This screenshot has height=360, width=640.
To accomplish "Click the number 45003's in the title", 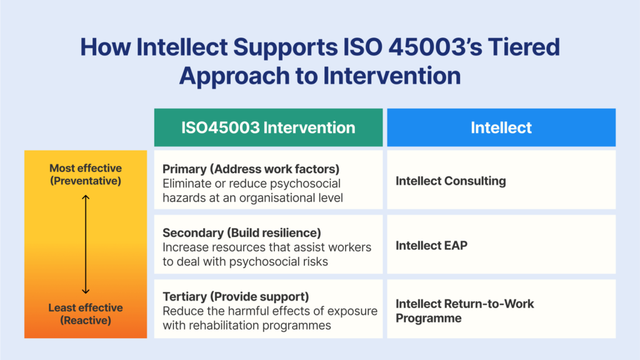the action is click(435, 47).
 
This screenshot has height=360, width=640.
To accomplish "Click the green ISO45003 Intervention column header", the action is click(269, 127).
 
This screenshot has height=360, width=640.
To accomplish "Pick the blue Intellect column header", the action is click(501, 127).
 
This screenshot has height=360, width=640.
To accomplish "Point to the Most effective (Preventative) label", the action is click(86, 174).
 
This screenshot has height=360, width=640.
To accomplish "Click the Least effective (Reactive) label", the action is click(86, 314).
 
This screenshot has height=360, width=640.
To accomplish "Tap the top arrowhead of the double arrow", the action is click(85, 197).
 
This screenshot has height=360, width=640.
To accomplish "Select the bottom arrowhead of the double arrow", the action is click(85, 291).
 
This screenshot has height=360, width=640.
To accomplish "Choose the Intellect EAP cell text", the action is click(431, 245).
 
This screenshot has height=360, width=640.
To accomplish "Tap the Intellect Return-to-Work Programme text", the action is click(464, 311).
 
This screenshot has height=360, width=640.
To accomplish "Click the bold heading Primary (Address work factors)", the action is click(251, 169).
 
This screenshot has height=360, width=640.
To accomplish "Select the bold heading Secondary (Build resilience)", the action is click(242, 232).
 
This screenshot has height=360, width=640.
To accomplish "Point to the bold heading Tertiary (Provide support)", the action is click(236, 296).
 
